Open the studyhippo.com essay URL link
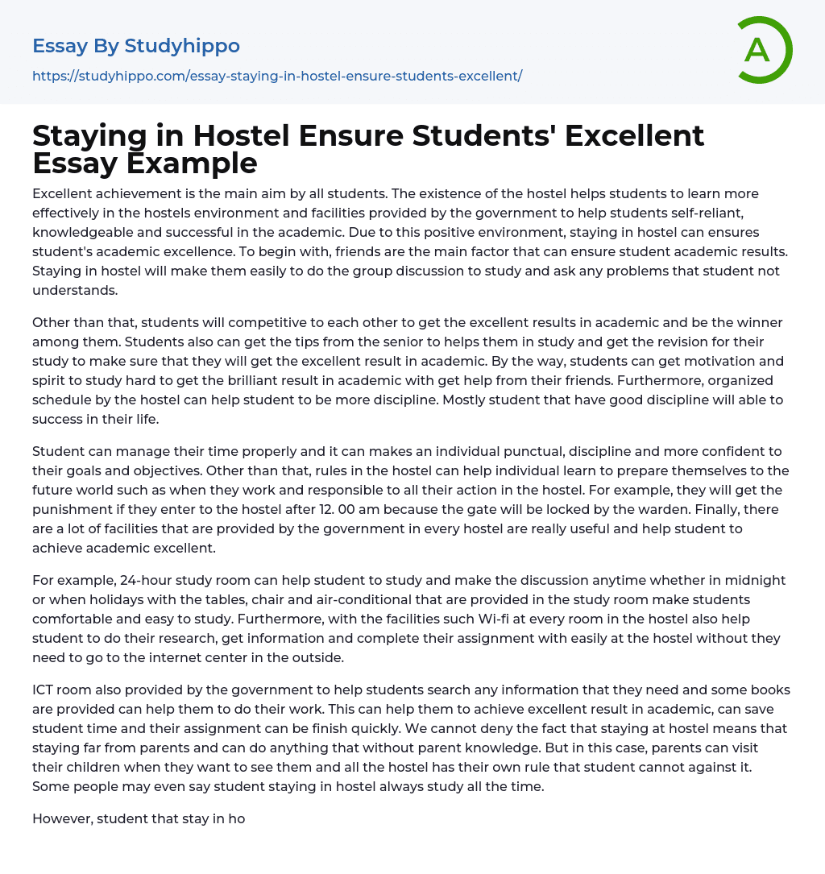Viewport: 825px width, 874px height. coord(277,76)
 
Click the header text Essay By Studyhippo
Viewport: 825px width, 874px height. coord(136,46)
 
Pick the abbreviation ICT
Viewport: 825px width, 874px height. coord(44,690)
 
